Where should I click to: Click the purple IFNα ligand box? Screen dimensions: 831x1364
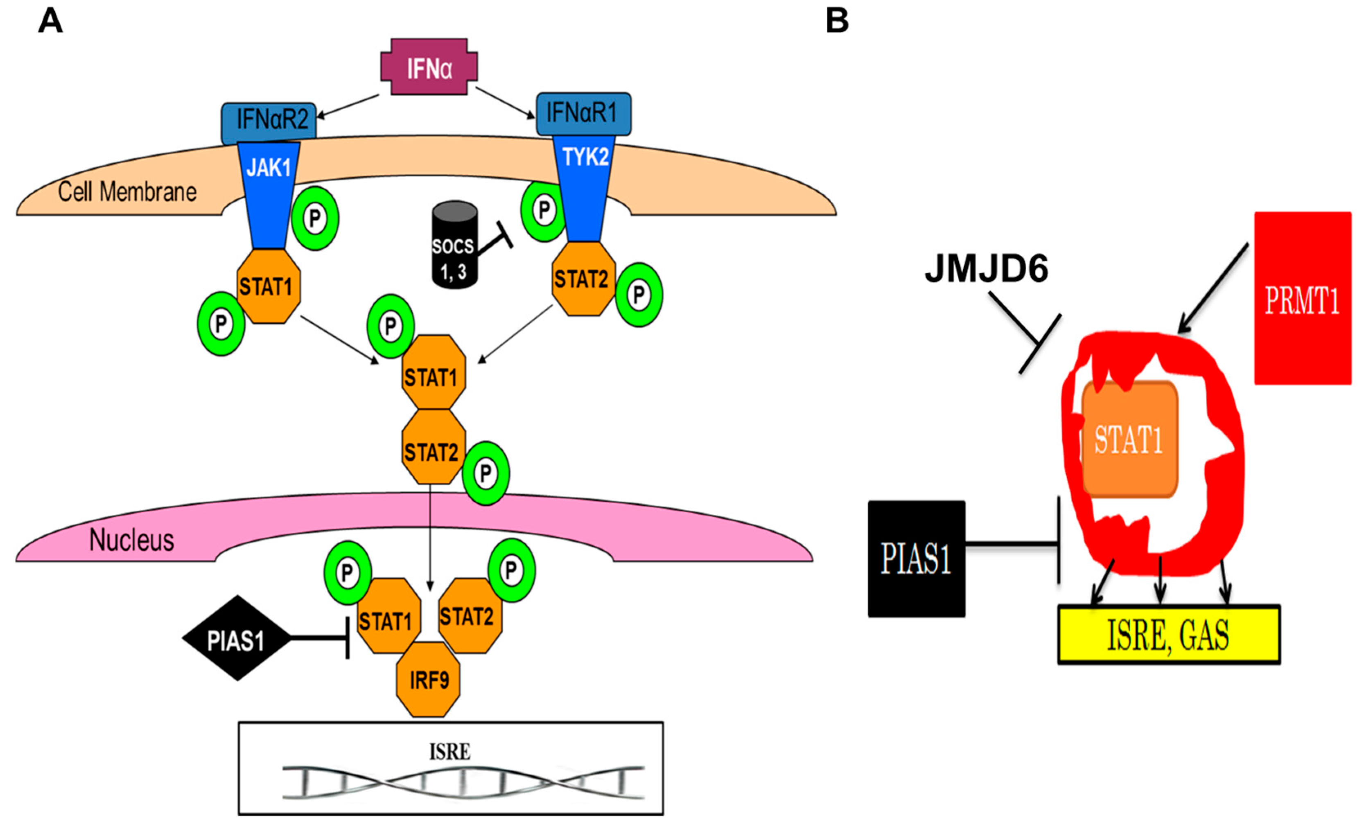click(429, 67)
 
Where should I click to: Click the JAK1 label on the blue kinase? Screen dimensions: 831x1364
click(269, 167)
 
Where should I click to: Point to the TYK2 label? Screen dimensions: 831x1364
click(585, 157)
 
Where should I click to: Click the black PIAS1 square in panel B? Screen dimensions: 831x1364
click(916, 559)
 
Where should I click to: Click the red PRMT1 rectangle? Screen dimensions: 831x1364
click(1302, 299)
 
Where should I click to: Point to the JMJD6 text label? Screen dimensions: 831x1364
click(987, 270)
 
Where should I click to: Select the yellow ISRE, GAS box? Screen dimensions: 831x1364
click(1168, 635)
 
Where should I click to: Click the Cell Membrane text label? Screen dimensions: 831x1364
click(127, 192)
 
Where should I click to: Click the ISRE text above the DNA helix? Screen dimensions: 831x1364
click(449, 752)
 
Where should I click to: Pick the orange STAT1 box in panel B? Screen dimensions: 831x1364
click(1129, 440)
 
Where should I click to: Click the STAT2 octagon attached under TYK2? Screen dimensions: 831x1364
click(583, 279)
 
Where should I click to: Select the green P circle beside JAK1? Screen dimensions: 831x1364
click(315, 218)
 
